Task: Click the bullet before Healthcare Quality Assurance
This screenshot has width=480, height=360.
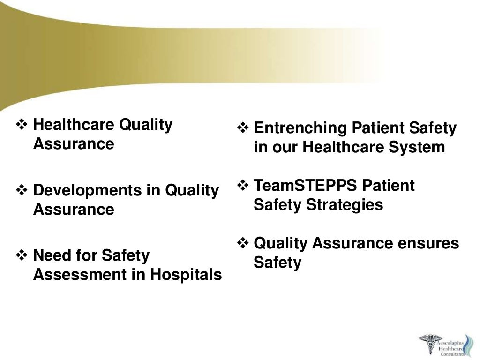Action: pos(22,125)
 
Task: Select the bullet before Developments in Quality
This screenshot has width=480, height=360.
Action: pos(22,191)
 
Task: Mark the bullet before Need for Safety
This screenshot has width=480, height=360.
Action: pos(22,256)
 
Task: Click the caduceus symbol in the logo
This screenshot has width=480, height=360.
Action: pos(428,345)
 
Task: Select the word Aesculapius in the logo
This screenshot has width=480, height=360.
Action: pos(451,337)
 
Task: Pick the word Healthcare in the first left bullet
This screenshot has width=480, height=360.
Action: pos(74,125)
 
